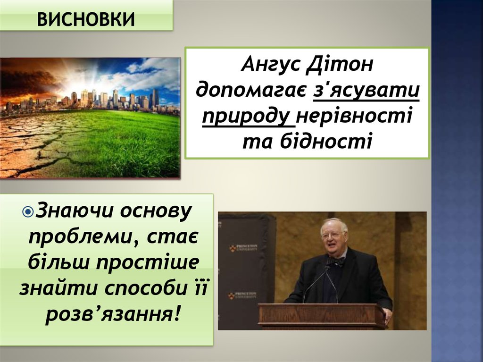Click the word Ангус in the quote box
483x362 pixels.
point(271,64)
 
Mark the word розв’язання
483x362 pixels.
point(113,312)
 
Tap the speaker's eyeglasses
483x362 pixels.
point(333,234)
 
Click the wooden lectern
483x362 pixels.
point(322,315)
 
